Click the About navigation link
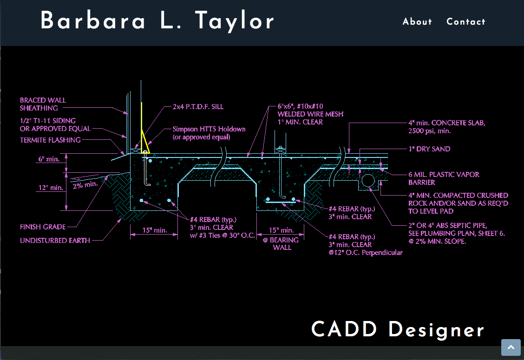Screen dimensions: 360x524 pyautogui.click(x=417, y=22)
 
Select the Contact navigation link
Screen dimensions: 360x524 pyautogui.click(x=465, y=22)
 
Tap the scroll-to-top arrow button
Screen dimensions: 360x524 pyautogui.click(x=511, y=347)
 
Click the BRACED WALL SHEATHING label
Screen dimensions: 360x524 pyautogui.click(x=43, y=104)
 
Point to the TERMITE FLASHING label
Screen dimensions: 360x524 pyautogui.click(x=50, y=140)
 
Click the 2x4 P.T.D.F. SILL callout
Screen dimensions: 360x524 pyautogui.click(x=198, y=107)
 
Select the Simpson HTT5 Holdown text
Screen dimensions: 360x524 pyautogui.click(x=209, y=129)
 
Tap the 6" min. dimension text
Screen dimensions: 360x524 pyautogui.click(x=49, y=159)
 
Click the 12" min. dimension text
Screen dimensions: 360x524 pyautogui.click(x=50, y=188)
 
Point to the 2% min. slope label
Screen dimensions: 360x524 pyautogui.click(x=85, y=184)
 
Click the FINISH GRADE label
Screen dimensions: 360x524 pyautogui.click(x=43, y=227)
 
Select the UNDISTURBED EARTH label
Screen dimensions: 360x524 pyautogui.click(x=55, y=241)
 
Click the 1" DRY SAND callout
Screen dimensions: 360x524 pyautogui.click(x=429, y=149)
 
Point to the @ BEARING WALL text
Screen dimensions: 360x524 pyautogui.click(x=282, y=244)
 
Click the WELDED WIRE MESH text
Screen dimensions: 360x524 pyautogui.click(x=310, y=114)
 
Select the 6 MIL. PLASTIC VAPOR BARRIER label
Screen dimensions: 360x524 pyautogui.click(x=444, y=178)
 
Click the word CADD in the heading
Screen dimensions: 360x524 pyautogui.click(x=344, y=329)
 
